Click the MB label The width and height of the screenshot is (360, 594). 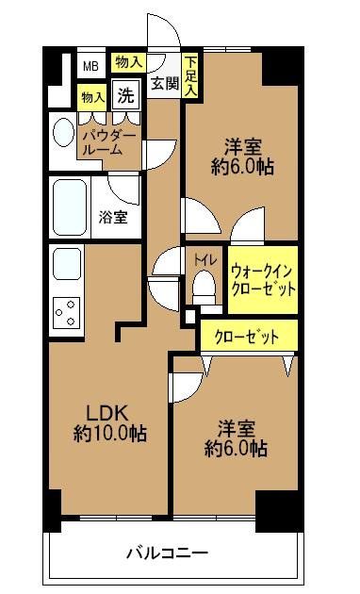point(90,66)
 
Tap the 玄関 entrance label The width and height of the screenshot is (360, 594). point(164,84)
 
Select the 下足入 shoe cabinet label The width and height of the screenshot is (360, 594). point(190,74)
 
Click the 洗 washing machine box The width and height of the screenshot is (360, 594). point(124,94)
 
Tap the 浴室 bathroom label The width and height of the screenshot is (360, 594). point(114,215)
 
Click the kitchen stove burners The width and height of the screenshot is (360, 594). point(65,310)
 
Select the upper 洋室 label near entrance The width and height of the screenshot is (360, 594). point(242,147)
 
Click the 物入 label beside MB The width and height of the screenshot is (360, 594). point(128,61)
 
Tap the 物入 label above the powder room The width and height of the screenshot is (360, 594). point(92,96)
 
